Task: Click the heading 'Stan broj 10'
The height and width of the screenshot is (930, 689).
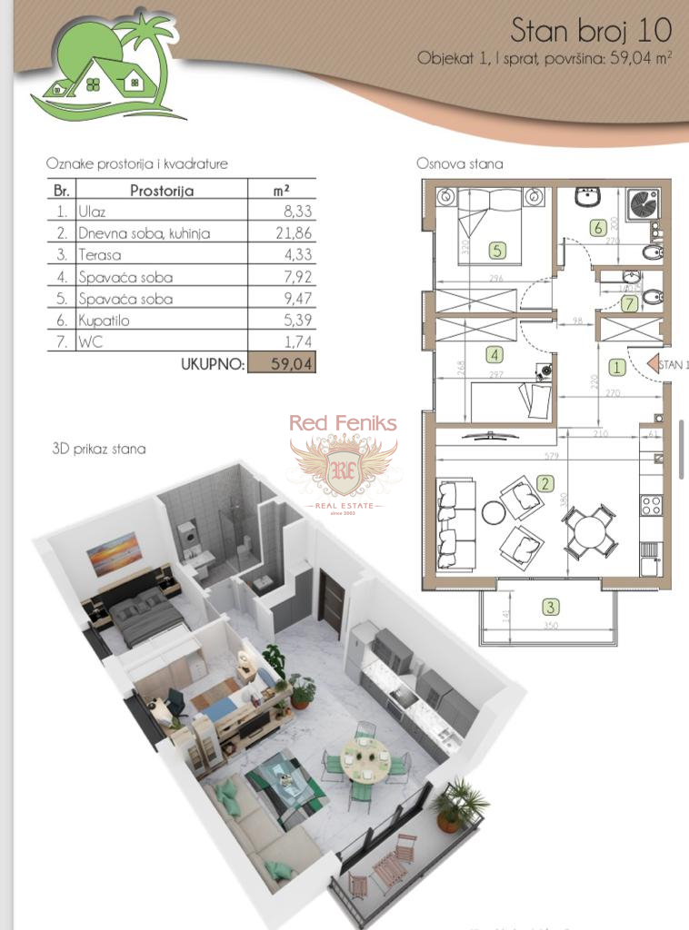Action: (x=590, y=30)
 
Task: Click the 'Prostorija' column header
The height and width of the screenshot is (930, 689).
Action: (x=162, y=191)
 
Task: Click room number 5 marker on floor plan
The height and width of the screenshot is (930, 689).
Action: (x=496, y=249)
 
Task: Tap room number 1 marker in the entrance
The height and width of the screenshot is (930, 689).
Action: (x=616, y=367)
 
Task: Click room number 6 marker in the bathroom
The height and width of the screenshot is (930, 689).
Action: (x=597, y=229)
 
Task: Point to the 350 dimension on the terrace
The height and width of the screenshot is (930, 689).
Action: (x=548, y=627)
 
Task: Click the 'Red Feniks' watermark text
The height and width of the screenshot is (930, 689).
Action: (x=343, y=422)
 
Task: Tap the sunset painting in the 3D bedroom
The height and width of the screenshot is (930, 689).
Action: (x=115, y=553)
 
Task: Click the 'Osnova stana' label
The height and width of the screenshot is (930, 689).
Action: (x=459, y=164)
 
